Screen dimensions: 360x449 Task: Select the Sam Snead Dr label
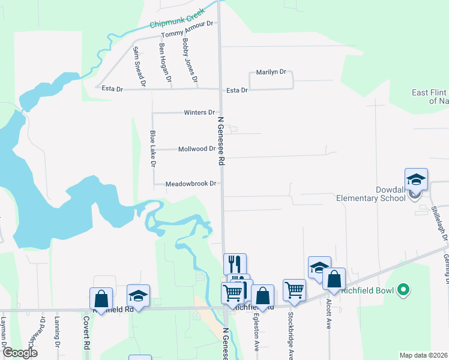coord(139,66)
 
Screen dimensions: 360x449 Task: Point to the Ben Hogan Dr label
coord(165,62)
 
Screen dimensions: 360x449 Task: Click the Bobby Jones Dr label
coord(190,61)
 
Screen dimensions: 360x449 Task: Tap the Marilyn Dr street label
coord(271,73)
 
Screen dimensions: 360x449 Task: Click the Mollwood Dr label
coord(197,149)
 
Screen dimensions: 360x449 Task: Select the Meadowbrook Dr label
coord(190,184)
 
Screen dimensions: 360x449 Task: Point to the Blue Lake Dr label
coord(153,149)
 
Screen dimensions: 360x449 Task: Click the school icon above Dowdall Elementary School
coord(416,180)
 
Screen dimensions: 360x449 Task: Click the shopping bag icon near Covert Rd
coord(101,299)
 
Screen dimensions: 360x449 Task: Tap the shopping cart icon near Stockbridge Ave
coord(294,290)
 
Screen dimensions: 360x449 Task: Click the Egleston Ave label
coord(256,332)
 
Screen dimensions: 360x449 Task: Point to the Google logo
coord(20,353)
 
